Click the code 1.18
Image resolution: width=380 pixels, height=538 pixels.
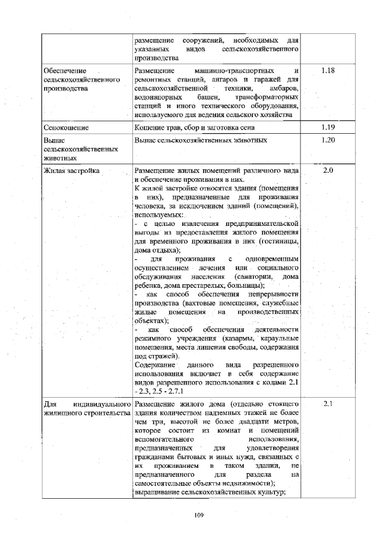(328, 71)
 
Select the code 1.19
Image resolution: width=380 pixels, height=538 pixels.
(328, 127)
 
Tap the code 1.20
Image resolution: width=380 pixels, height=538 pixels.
(328, 140)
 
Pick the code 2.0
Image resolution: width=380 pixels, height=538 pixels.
(328, 171)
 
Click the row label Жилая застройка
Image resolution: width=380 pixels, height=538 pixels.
(71, 171)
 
